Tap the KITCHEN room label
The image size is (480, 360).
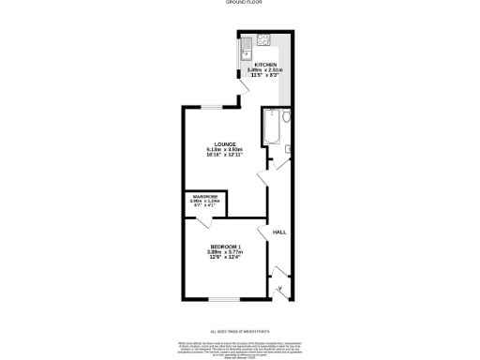click(x=266, y=65)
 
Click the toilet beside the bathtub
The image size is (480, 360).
click(x=286, y=117)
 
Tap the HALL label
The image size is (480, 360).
click(x=278, y=232)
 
